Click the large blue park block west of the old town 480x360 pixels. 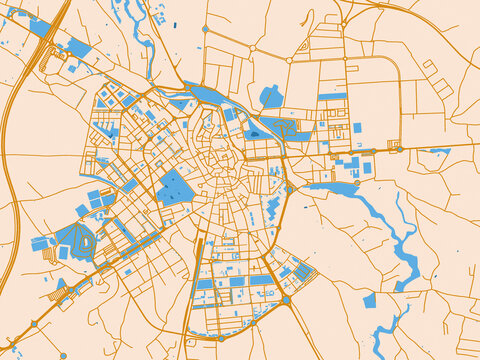pyautogui.click(x=174, y=188)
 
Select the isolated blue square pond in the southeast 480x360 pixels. pyautogui.click(x=370, y=300)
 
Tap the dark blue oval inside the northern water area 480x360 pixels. pyautogui.click(x=254, y=133)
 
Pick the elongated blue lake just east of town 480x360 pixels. pyautogui.click(x=330, y=187)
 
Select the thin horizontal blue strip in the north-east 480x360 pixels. pyautogui.click(x=332, y=96)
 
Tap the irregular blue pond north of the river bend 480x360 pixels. pyautogui.click(x=270, y=97)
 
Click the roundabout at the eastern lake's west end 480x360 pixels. pyautogui.click(x=289, y=188)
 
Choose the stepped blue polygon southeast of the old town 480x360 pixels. pyautogui.click(x=272, y=210)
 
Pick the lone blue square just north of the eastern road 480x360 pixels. pyautogui.click(x=357, y=128)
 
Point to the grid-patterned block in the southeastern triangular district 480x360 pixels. pyautogui.click(x=304, y=271)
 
